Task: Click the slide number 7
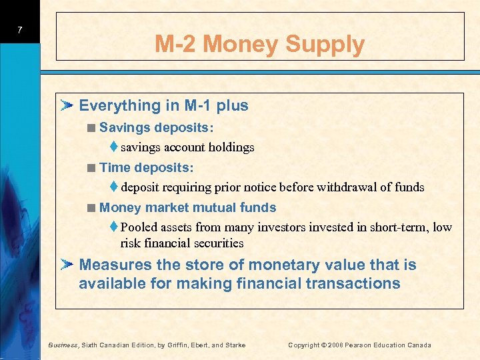coord(21,30)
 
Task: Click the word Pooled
coord(139,227)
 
